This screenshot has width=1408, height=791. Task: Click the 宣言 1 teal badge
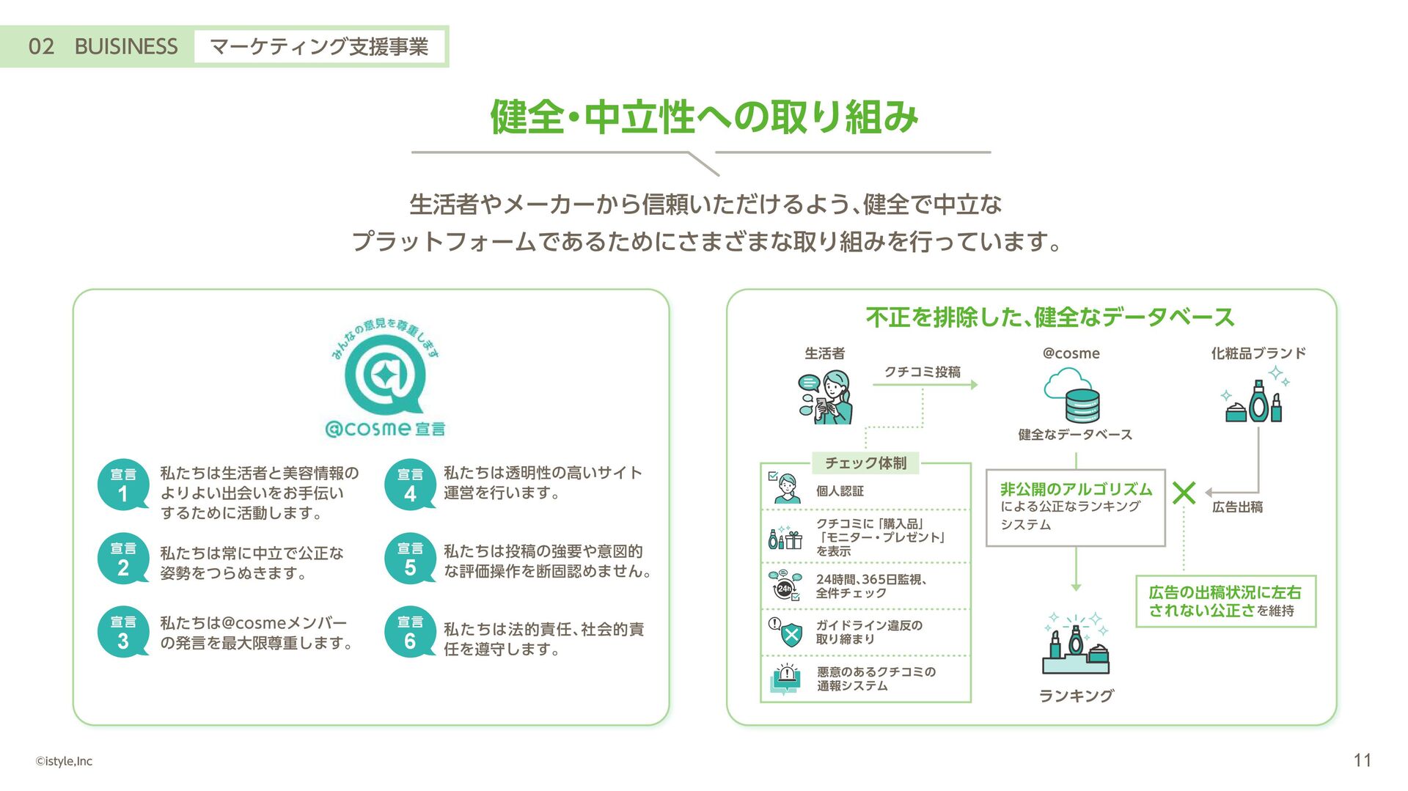pyautogui.click(x=123, y=485)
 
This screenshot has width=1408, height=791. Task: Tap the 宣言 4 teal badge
pyautogui.click(x=410, y=485)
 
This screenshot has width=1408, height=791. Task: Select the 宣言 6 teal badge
pyautogui.click(x=410, y=632)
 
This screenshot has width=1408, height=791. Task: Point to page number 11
pyautogui.click(x=1362, y=760)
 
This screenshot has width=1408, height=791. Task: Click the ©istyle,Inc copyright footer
pyautogui.click(x=65, y=761)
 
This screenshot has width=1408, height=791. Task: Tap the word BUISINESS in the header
pyautogui.click(x=125, y=47)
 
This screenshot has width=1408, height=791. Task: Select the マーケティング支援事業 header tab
pyautogui.click(x=319, y=47)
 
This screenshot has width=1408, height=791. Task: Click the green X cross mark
pyautogui.click(x=1184, y=493)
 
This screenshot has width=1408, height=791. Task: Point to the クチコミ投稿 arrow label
pyautogui.click(x=922, y=372)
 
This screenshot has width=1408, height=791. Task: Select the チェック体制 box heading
pyautogui.click(x=865, y=463)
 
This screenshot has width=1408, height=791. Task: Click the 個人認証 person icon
pyautogui.click(x=785, y=488)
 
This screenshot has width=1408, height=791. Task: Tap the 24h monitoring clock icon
pyautogui.click(x=785, y=586)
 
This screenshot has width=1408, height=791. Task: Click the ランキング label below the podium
pyautogui.click(x=1076, y=696)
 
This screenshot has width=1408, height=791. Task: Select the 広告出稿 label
pyautogui.click(x=1237, y=507)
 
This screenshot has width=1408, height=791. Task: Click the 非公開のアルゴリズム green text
pyautogui.click(x=1076, y=489)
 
